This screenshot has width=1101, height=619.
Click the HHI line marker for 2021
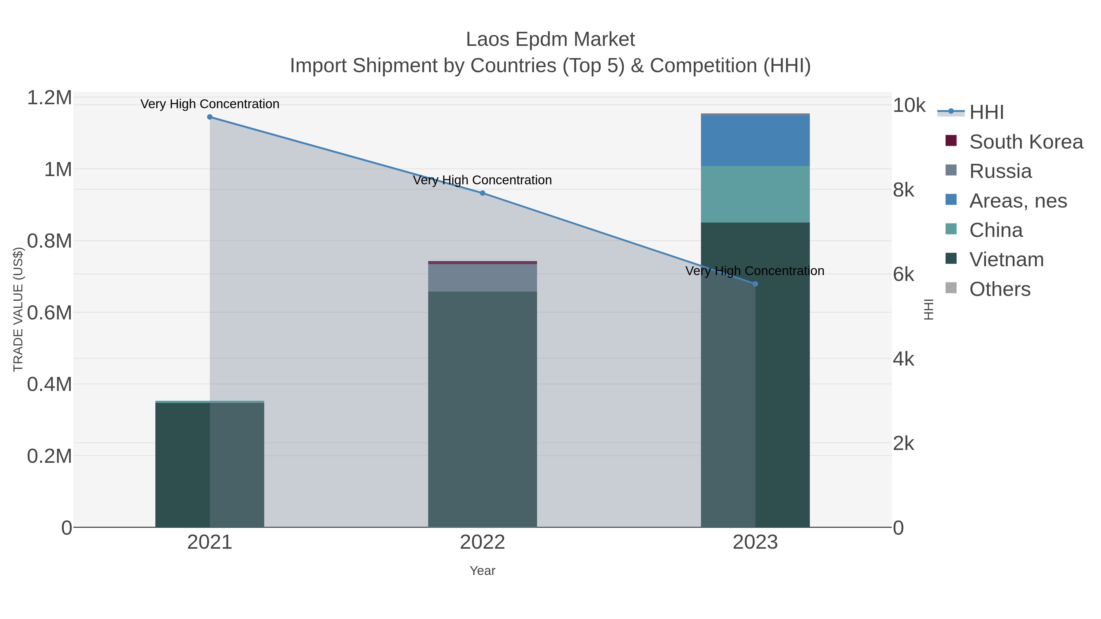click(209, 117)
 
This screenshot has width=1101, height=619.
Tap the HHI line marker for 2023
click(755, 284)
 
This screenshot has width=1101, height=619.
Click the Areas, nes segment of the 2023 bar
click(755, 141)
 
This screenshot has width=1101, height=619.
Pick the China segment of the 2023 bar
click(755, 194)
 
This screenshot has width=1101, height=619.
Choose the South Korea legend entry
click(1026, 142)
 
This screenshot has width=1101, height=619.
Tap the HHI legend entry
click(986, 112)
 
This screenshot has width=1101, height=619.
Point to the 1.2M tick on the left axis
click(50, 98)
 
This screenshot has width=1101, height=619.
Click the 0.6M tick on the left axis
click(50, 313)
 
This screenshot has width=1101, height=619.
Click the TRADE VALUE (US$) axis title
click(18, 309)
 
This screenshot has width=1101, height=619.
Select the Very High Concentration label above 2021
click(209, 104)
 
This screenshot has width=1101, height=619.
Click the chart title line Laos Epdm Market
click(550, 39)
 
